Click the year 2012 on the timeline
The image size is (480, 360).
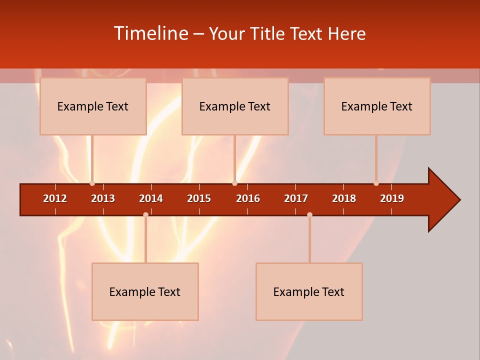(x=55, y=198)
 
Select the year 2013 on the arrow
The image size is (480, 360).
(x=103, y=198)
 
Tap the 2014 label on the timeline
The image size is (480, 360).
(x=151, y=198)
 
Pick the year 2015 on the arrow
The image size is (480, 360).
(x=199, y=198)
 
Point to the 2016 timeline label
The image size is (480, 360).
(x=248, y=198)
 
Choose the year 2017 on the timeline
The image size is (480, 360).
(x=296, y=198)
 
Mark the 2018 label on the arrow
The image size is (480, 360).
(x=344, y=198)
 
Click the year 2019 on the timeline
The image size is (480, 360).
(x=392, y=198)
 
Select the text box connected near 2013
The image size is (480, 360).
(x=93, y=106)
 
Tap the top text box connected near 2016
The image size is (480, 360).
(x=235, y=106)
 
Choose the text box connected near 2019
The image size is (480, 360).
(x=377, y=106)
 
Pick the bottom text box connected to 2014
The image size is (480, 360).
(x=145, y=292)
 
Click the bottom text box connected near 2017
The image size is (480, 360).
(x=309, y=292)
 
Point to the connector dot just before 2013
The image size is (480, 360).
(x=92, y=183)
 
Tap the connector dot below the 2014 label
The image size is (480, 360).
(x=145, y=215)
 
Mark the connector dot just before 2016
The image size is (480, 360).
(x=234, y=183)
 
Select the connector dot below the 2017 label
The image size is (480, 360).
(x=309, y=215)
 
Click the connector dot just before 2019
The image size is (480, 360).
(x=376, y=183)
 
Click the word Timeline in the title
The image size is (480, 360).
(x=151, y=33)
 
